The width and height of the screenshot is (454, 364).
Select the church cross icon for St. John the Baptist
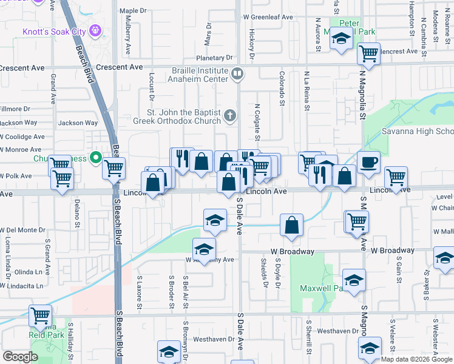pos(230,115)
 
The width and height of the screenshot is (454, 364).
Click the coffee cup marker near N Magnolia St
pos(368,162)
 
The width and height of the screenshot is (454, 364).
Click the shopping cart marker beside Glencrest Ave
pos(368,53)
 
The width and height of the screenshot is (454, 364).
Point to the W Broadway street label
pos(393,251)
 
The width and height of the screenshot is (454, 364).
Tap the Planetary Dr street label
pos(206,58)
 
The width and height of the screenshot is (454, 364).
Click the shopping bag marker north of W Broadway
pos(292,224)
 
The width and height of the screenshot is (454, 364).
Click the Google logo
pos(20,357)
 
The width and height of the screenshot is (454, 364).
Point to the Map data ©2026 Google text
pos(415,359)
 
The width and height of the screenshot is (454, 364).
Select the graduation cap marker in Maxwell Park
pos(354,280)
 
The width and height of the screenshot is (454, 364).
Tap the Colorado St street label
pos(282,88)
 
